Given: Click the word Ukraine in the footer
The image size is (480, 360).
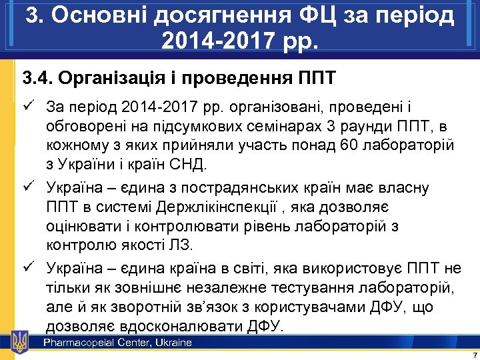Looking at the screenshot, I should pyautogui.click(x=175, y=343).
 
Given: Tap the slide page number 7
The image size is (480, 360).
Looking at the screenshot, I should pyautogui.click(x=473, y=353).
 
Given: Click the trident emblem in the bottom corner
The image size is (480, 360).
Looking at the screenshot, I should pyautogui.click(x=20, y=342).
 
